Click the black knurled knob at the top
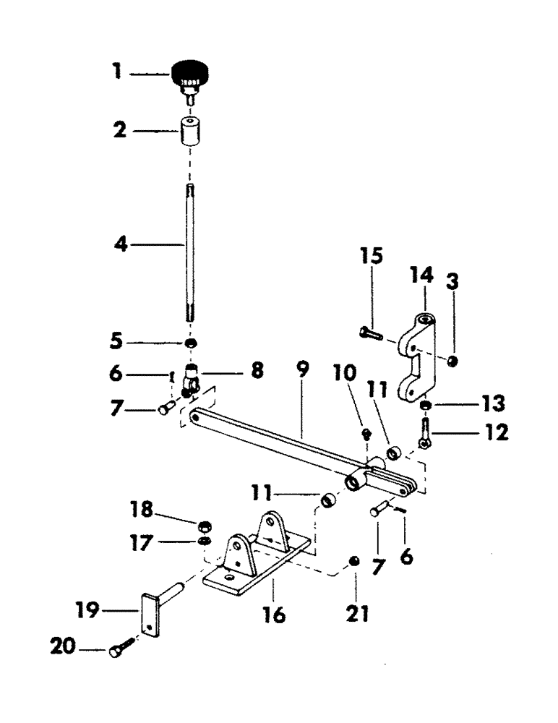(x=189, y=74)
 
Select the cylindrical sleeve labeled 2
(x=190, y=131)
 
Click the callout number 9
(x=302, y=371)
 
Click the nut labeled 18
(x=205, y=524)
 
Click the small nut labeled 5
(x=191, y=343)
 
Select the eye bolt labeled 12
(x=425, y=429)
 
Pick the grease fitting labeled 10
(x=367, y=433)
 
